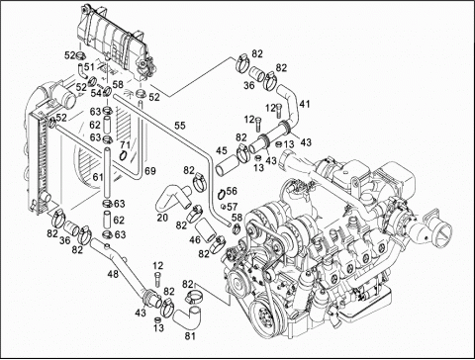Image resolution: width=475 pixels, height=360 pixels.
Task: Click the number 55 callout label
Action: (180, 126)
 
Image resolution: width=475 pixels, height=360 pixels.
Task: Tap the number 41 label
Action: (305, 104)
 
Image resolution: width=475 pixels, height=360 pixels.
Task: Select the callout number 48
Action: (113, 274)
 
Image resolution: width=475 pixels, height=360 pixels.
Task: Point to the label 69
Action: (150, 171)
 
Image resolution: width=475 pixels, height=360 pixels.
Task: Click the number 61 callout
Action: (98, 177)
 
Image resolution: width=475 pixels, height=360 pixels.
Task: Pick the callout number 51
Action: (89, 67)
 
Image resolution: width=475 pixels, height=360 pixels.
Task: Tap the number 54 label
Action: (96, 93)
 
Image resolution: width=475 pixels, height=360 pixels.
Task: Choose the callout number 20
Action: (162, 218)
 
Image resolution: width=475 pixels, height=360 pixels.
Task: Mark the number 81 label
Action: (190, 336)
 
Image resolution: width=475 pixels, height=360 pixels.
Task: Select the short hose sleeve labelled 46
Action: (205, 232)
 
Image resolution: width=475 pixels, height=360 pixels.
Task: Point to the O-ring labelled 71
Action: (124, 155)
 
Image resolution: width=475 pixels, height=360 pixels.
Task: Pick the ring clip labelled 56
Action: (222, 194)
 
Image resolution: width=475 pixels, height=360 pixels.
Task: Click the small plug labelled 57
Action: (224, 207)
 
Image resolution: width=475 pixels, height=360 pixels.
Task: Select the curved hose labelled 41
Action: (290, 104)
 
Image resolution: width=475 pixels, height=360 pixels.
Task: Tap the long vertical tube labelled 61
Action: (107, 173)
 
